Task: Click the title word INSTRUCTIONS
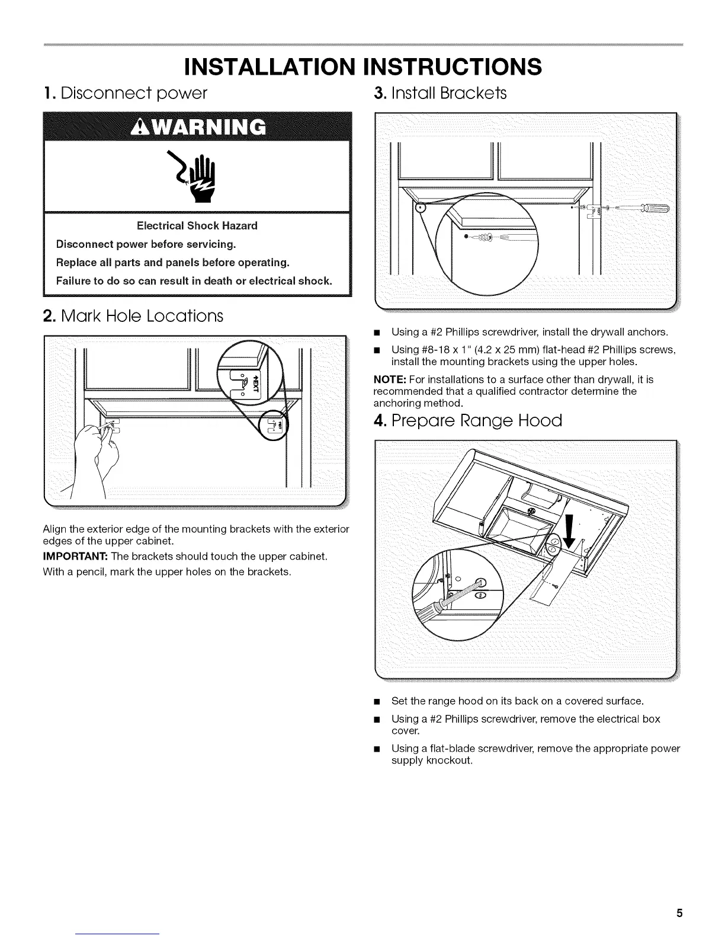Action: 453,66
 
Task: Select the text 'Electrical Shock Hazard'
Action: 197,226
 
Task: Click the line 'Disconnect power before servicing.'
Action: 146,244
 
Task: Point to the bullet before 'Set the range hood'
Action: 376,701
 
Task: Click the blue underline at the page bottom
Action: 118,934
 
